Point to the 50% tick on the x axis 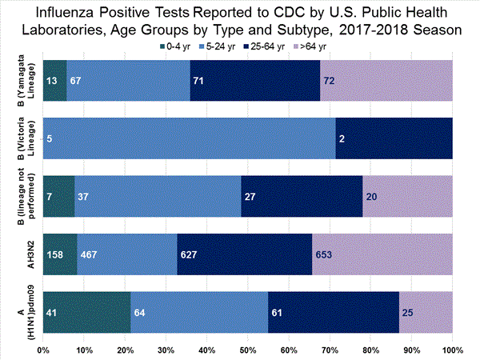(248, 350)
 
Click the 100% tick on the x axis (452, 350)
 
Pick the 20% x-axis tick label (126, 350)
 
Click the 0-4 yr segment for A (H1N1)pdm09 (86, 312)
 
